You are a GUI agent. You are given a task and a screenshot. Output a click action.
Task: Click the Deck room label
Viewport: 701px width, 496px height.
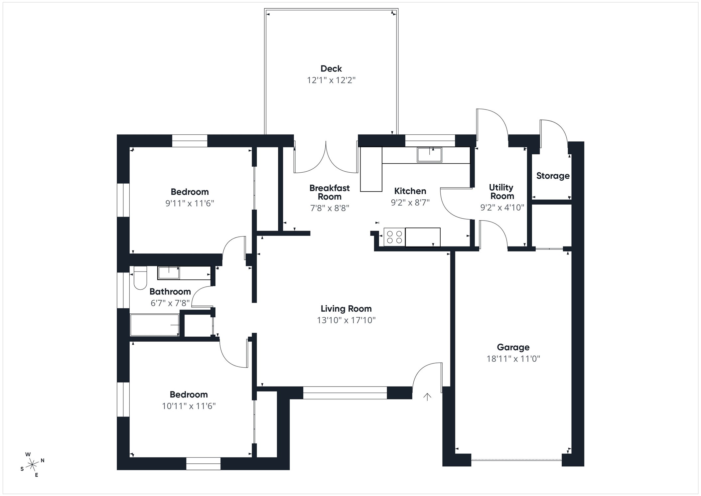[331, 69]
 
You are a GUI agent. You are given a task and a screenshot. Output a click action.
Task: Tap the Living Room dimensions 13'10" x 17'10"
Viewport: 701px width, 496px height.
[346, 320]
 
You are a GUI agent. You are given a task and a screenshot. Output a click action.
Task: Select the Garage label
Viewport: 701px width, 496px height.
[513, 347]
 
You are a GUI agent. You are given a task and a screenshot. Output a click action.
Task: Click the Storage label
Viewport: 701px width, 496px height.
[552, 176]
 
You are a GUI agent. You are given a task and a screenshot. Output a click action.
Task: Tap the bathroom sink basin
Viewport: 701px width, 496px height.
[169, 273]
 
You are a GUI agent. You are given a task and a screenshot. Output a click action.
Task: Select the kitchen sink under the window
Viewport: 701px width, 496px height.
[429, 155]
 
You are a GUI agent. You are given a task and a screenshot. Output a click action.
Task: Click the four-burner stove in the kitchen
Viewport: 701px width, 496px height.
[394, 237]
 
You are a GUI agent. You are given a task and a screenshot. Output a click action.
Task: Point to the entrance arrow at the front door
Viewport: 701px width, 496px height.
[427, 396]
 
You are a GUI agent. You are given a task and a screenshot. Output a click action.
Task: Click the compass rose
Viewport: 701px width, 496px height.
[32, 464]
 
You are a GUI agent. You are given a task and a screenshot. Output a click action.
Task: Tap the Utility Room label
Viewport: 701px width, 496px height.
[501, 192]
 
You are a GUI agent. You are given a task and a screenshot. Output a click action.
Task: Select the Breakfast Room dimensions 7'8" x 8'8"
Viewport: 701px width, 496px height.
[329, 208]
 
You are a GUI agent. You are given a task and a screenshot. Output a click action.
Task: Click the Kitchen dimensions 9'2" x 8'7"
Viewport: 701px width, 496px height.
[410, 202]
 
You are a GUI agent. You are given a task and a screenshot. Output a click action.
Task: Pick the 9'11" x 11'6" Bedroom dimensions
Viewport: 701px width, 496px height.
[190, 203]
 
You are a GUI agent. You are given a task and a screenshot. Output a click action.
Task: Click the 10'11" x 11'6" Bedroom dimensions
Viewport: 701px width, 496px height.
[189, 406]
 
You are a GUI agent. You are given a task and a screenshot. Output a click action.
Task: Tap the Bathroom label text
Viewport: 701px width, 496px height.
[170, 291]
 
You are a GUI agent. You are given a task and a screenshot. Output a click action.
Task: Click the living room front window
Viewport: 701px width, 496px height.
[345, 393]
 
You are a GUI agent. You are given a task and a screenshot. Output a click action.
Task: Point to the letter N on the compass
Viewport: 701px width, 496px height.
[43, 460]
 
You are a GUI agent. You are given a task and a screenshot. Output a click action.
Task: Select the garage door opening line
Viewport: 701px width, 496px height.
[516, 460]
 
